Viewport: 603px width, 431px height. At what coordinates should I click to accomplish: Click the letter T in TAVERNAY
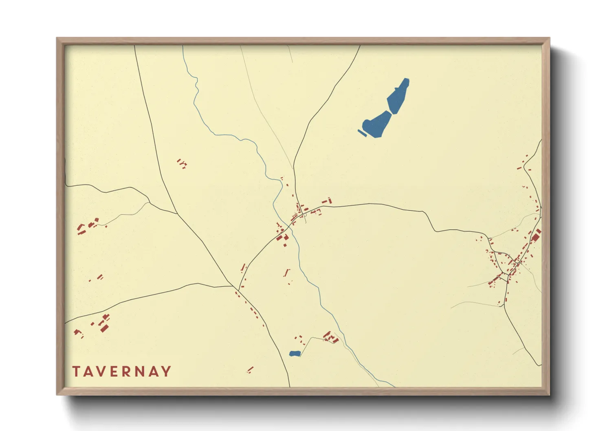(76, 372)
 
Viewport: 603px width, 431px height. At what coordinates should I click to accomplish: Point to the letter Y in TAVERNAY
(166, 372)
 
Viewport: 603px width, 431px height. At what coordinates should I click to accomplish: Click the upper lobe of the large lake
(398, 96)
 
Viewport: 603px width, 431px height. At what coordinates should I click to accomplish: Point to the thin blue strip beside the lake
(361, 132)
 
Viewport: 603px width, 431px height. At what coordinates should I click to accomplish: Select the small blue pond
(295, 354)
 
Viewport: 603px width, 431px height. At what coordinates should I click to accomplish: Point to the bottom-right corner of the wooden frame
(549, 394)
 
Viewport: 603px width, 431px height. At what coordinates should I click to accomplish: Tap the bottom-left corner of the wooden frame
(57, 394)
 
